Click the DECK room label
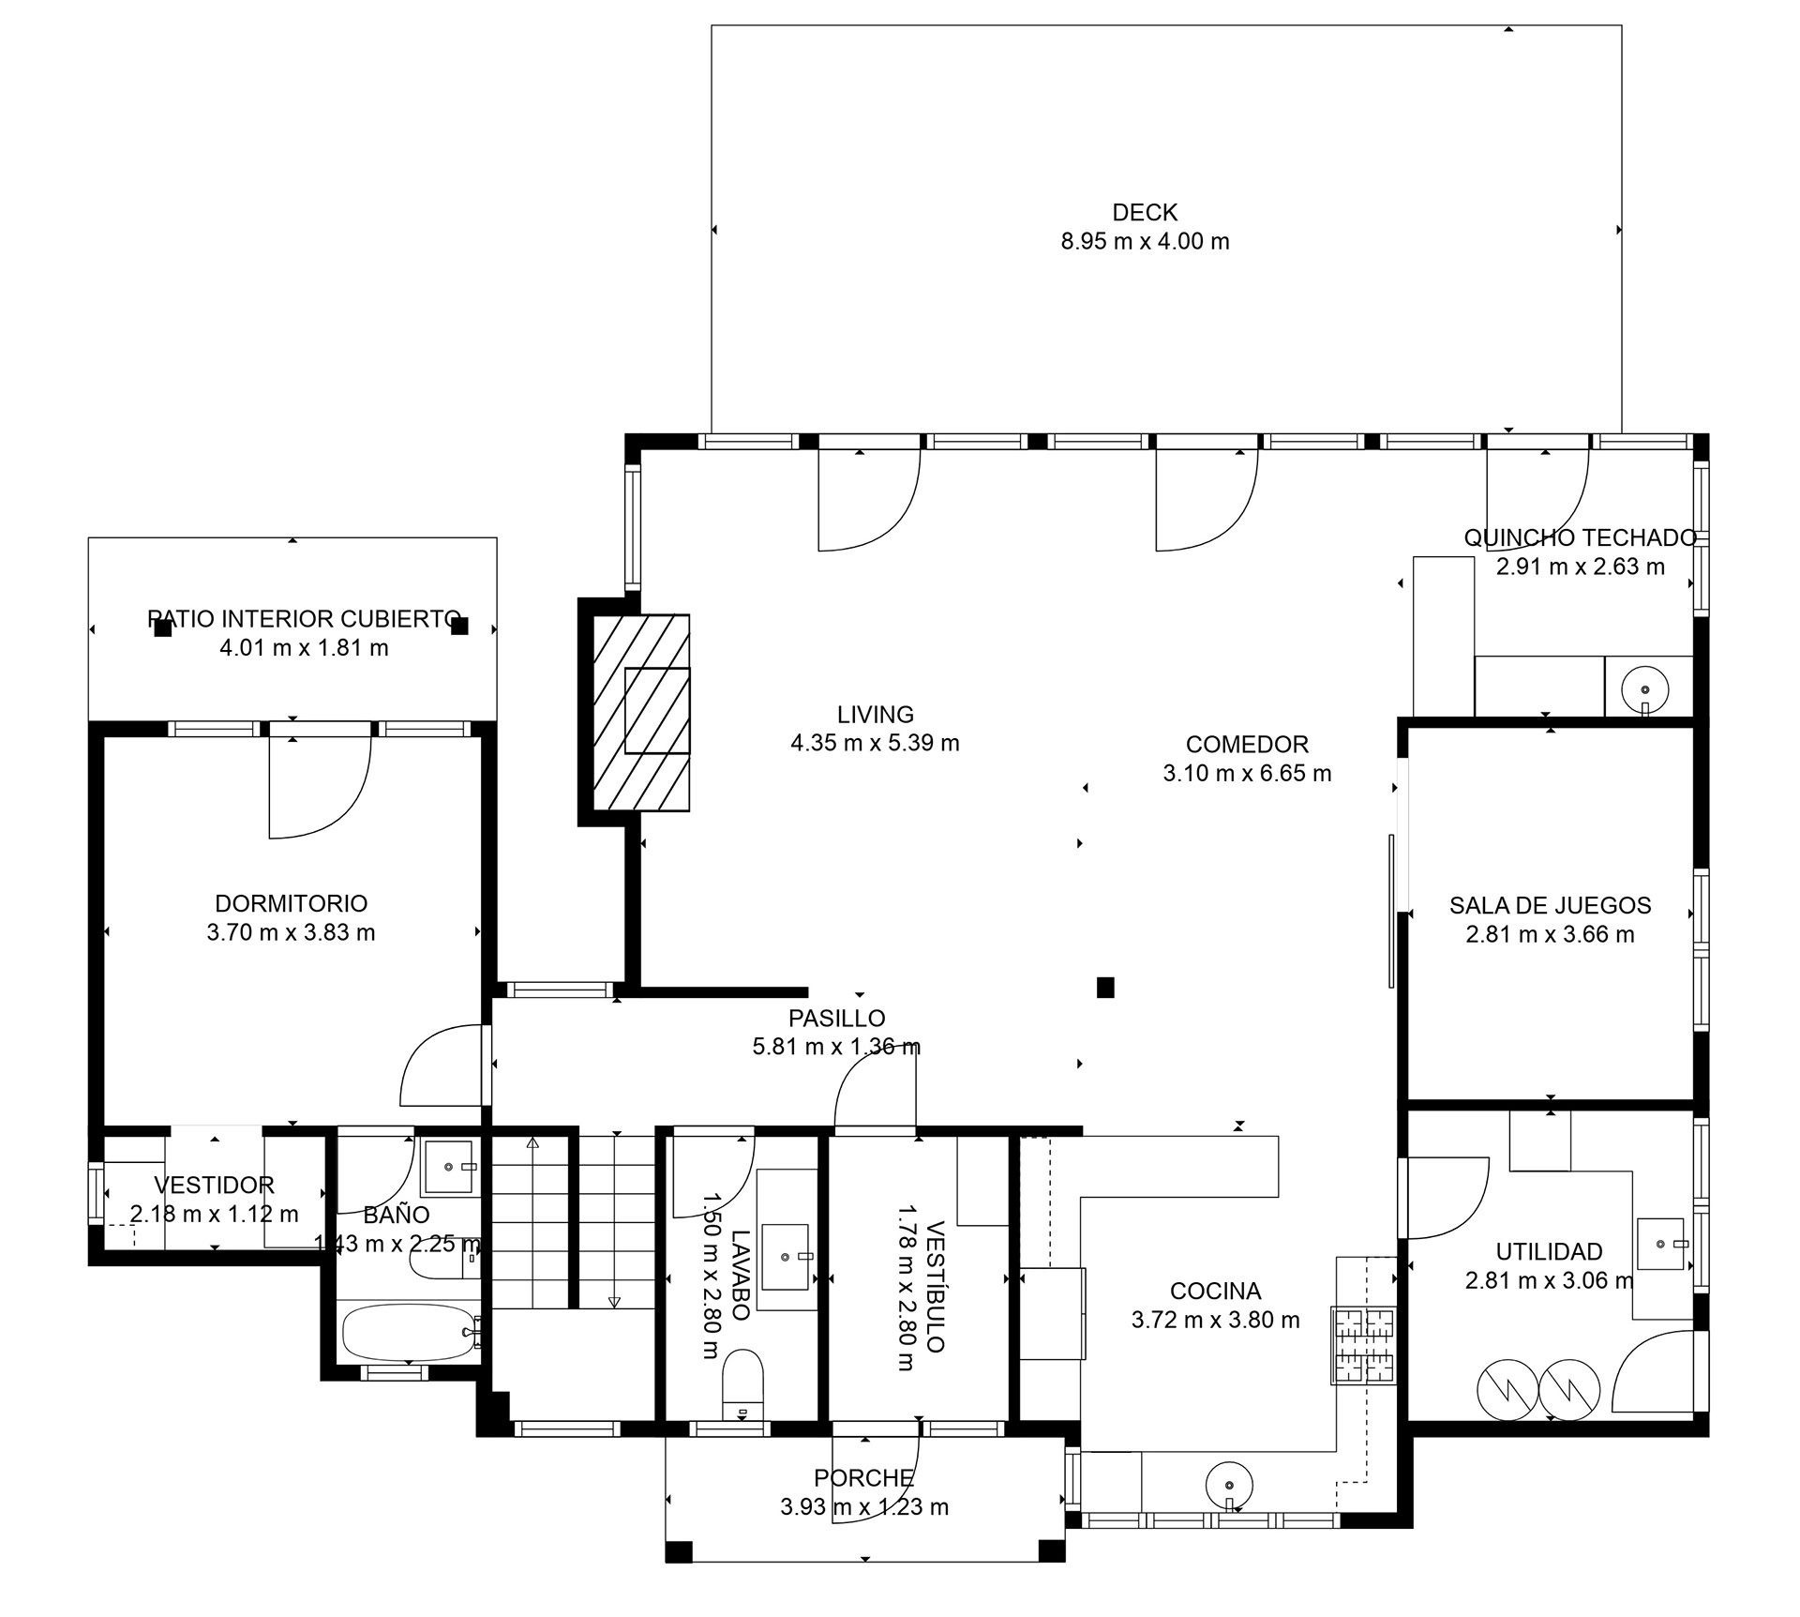tap(1145, 213)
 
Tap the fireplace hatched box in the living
tap(642, 712)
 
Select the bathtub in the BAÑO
tap(409, 1332)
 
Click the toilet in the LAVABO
tap(743, 1383)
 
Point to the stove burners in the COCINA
tap(1364, 1344)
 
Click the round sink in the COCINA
tap(1229, 1485)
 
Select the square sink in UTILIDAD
tap(1661, 1244)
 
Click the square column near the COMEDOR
tap(1105, 987)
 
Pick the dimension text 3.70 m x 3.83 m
tap(291, 932)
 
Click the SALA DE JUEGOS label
tap(1550, 905)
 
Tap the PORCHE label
tap(863, 1478)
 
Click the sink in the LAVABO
tap(786, 1257)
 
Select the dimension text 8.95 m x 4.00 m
tap(1145, 241)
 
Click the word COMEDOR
tap(1247, 744)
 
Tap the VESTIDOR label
tap(214, 1186)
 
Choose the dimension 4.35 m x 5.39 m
tap(875, 743)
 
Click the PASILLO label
tap(836, 1018)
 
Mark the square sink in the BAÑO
tap(447, 1166)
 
